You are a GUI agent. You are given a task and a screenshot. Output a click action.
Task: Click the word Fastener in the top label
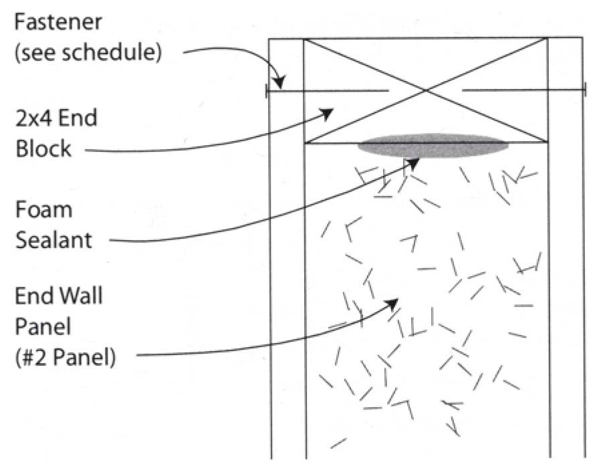[59, 22]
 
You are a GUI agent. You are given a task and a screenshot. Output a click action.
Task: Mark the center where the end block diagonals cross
[426, 91]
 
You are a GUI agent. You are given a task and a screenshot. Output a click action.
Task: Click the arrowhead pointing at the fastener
[280, 83]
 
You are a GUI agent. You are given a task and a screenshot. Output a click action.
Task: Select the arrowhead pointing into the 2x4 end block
[327, 113]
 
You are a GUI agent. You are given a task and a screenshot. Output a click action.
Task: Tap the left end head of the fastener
[267, 90]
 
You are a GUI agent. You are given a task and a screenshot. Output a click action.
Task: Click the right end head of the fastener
[584, 90]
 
